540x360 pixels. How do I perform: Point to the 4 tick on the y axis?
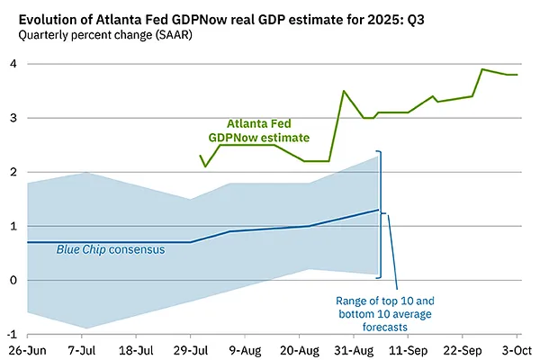pos(12,64)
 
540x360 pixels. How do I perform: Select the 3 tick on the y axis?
pos(12,118)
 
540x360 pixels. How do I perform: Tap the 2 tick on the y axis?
pos(12,172)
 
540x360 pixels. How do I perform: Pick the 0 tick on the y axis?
pos(12,280)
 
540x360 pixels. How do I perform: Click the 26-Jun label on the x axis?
pos(28,349)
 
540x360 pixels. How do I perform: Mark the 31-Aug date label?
pos(354,349)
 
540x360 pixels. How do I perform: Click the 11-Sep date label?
pos(409,349)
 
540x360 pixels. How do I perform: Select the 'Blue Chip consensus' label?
pos(111,249)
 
